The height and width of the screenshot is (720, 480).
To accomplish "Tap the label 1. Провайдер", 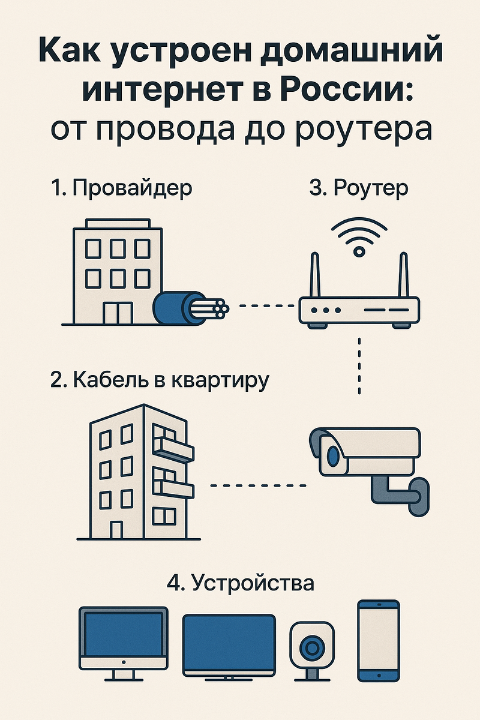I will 122,188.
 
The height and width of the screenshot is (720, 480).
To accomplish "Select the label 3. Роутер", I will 359,188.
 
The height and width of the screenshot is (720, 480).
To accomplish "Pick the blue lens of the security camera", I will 332,458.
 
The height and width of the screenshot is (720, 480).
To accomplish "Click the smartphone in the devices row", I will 378,640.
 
